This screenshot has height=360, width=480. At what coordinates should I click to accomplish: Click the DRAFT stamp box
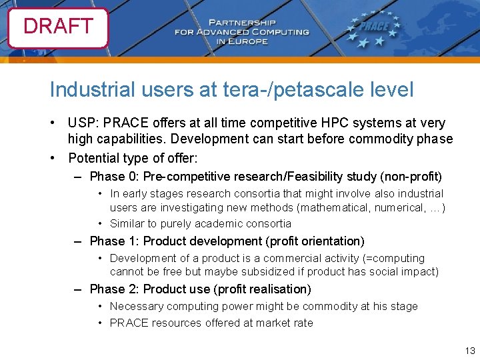click(58, 27)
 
